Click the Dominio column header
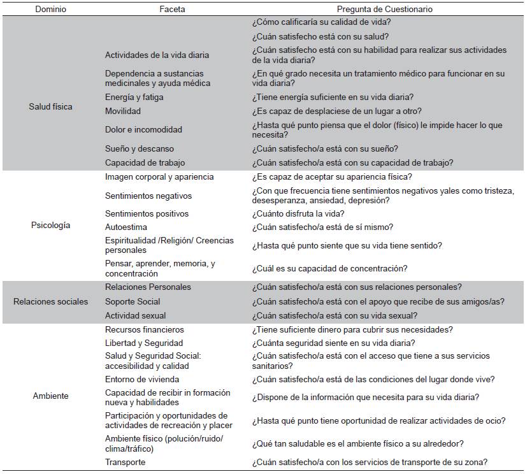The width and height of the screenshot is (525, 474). tap(50, 10)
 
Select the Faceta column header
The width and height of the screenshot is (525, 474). tap(172, 10)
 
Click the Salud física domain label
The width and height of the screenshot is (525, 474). tap(50, 106)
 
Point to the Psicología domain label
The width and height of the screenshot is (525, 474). tap(50, 225)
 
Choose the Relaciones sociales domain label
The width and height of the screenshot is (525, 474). tap(50, 301)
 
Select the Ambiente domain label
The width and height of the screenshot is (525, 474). tap(50, 396)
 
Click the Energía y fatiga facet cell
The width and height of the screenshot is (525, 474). tap(134, 97)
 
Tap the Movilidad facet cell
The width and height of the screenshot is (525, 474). tap(123, 111)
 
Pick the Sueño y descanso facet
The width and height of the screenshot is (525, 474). tap(139, 148)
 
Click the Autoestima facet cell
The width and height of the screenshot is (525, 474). tap(126, 227)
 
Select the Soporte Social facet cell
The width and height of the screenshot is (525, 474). tap(133, 301)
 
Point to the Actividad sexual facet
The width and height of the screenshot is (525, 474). tap(135, 315)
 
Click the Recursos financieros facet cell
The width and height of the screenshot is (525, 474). tap(145, 329)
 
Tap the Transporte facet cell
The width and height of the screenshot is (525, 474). tap(125, 462)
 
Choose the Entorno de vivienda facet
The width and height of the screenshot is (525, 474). tap(141, 379)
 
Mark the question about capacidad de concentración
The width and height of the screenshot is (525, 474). tap(330, 268)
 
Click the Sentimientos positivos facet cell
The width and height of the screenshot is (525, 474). tap(147, 213)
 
